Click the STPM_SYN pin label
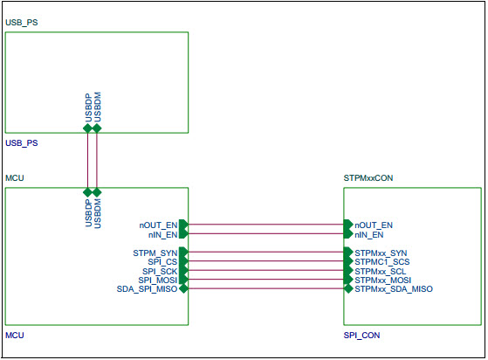[x=155, y=253]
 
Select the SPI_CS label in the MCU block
[x=162, y=261]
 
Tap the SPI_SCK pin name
[x=160, y=271]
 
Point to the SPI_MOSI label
[x=158, y=280]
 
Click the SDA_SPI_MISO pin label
[x=147, y=289]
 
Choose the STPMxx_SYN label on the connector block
[x=381, y=253]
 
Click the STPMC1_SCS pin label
[x=381, y=261]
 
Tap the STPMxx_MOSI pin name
[x=382, y=280]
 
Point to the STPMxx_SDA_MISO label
[x=393, y=289]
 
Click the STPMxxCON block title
[x=370, y=177]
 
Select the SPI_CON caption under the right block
[x=361, y=335]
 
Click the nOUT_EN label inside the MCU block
[x=158, y=225]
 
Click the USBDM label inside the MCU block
[x=98, y=213]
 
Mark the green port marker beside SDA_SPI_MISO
[x=182, y=288]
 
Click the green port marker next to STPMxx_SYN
[x=347, y=253]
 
